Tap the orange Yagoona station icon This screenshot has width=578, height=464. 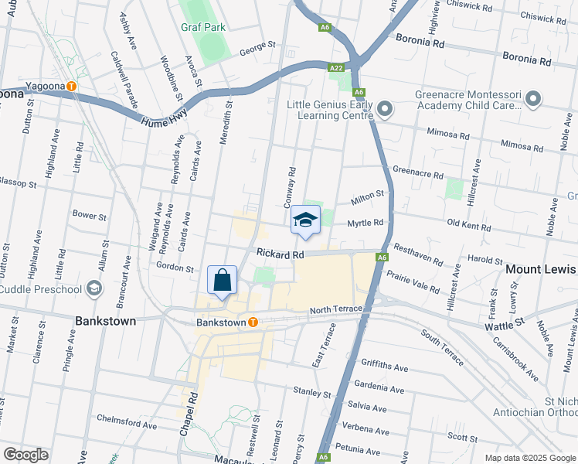[71, 86]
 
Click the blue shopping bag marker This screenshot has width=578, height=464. [222, 281]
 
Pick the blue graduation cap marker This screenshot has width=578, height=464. [305, 220]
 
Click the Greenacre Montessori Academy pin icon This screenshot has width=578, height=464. [532, 98]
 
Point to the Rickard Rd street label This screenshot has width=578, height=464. [280, 254]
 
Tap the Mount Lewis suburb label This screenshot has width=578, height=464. [541, 269]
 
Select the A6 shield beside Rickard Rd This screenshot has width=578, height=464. [382, 258]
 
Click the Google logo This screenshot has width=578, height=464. [25, 455]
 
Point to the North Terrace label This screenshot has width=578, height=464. [335, 310]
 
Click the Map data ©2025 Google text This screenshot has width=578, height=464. [529, 457]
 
